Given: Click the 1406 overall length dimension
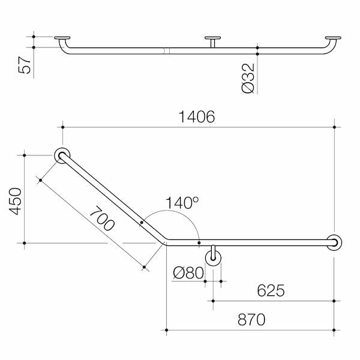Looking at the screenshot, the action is [x=197, y=117].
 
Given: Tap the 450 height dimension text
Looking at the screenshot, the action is [x=16, y=202].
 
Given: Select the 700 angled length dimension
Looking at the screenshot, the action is [x=103, y=218].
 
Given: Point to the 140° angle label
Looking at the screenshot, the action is [x=182, y=203].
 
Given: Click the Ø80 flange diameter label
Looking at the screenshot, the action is [x=188, y=273].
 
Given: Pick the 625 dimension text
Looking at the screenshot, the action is [x=271, y=290].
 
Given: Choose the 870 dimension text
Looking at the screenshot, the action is [x=251, y=319].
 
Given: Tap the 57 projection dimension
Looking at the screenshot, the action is [x=25, y=65].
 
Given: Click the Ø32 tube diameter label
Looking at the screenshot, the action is [x=248, y=78].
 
